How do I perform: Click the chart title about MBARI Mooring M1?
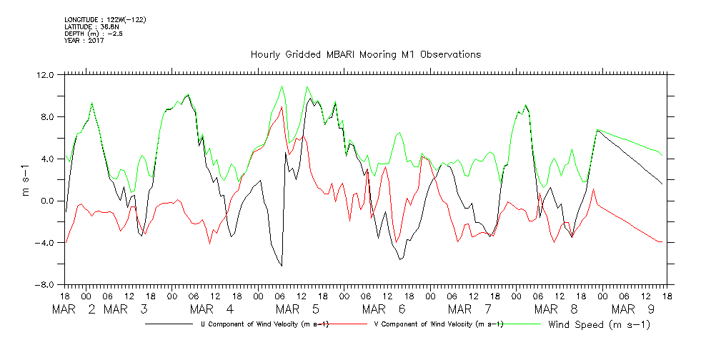(x=365, y=54)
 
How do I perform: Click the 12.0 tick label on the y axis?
(x=44, y=75)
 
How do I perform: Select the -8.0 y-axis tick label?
(x=44, y=285)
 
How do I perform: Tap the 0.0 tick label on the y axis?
(x=46, y=201)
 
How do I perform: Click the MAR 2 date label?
(x=74, y=309)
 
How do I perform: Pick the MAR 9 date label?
(x=631, y=309)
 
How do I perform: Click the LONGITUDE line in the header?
(x=105, y=19)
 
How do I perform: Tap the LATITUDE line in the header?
(x=89, y=26)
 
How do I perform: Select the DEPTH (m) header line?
(x=94, y=34)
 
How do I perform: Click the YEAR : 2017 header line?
(x=84, y=41)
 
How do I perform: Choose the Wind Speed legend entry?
(x=600, y=325)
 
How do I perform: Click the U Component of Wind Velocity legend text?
(x=265, y=325)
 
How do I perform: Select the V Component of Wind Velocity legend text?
(x=439, y=325)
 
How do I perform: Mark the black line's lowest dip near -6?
(x=281, y=266)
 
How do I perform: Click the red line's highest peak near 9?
(x=282, y=106)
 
